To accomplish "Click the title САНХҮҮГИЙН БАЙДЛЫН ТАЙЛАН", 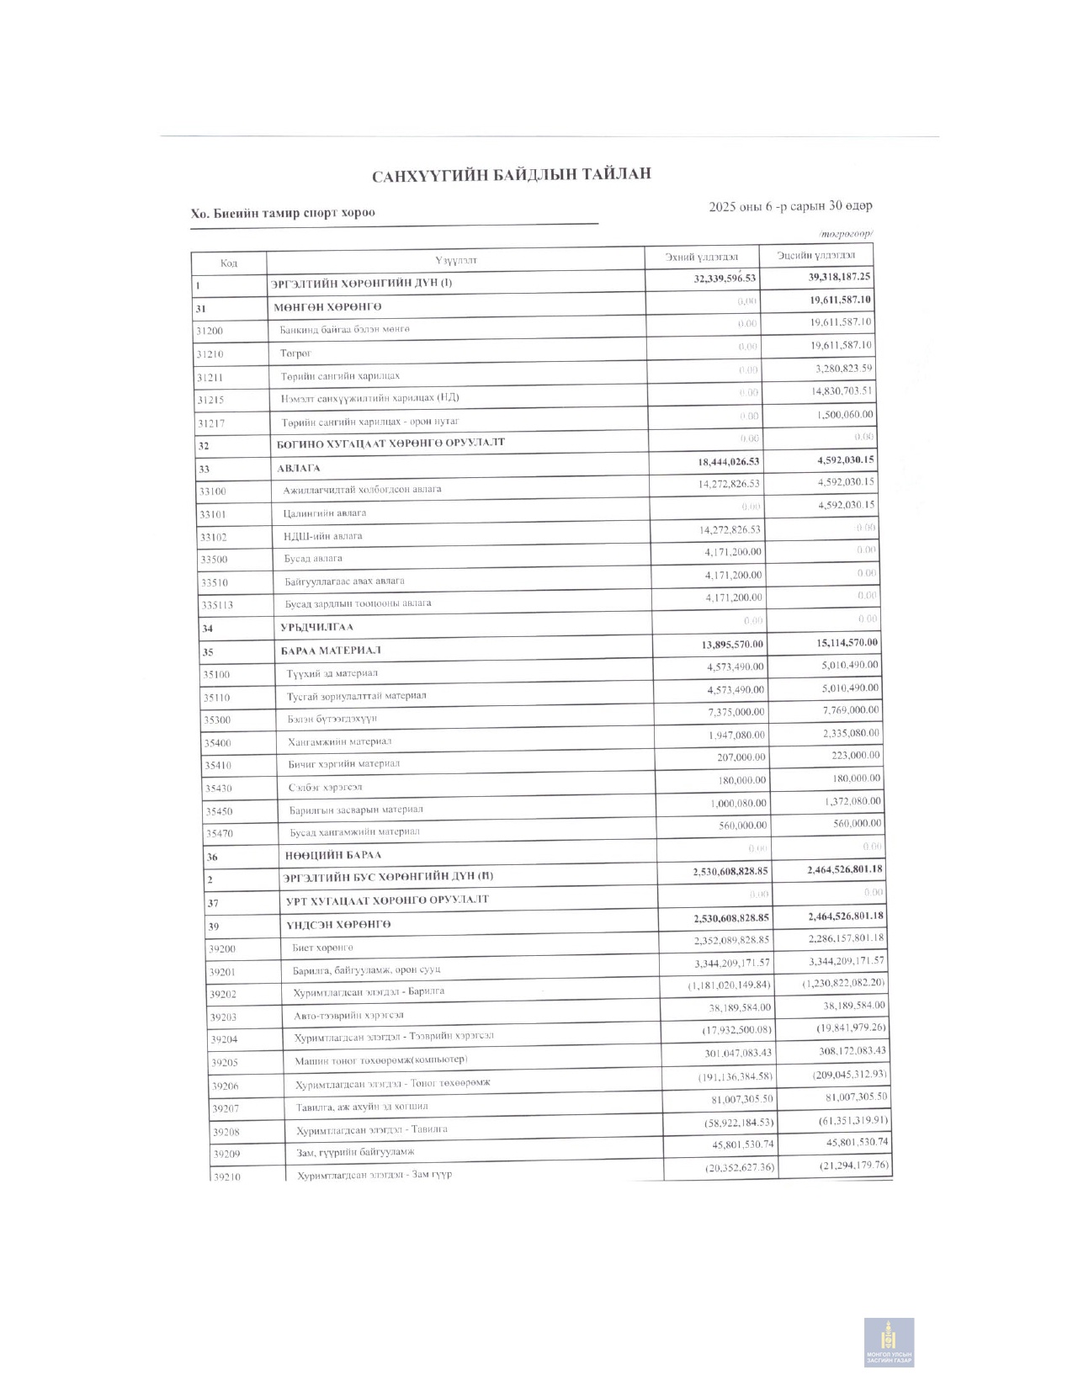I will [512, 175].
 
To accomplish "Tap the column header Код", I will [229, 263].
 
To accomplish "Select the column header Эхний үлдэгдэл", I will [701, 257].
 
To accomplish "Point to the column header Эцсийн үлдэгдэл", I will [815, 254].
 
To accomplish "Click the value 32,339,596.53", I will [725, 279].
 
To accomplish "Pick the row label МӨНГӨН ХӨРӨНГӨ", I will [327, 307].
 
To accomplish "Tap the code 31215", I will [210, 400].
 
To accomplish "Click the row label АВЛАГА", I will [299, 468].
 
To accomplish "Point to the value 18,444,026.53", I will [728, 461].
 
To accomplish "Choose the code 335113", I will [216, 605].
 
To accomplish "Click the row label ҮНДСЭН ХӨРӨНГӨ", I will [338, 925].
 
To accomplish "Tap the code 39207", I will [225, 1109].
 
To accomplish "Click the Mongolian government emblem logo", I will [889, 1341].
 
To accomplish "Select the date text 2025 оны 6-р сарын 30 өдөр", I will [790, 206].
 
